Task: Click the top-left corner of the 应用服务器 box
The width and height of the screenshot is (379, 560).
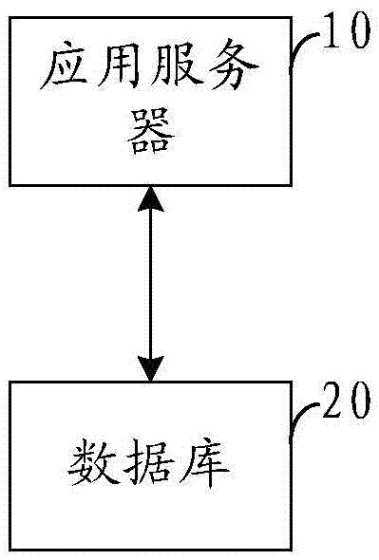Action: coord(11,18)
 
